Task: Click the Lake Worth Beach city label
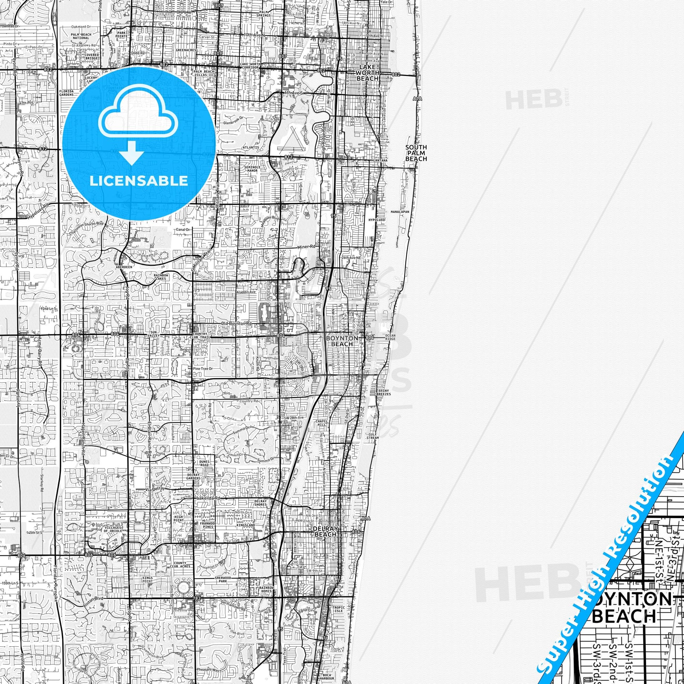pyautogui.click(x=368, y=72)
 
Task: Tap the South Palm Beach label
pyautogui.click(x=416, y=153)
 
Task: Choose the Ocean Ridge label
pyautogui.click(x=390, y=337)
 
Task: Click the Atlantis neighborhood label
pyautogui.click(x=251, y=147)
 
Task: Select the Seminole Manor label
pyautogui.click(x=250, y=169)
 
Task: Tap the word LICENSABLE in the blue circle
pyautogui.click(x=138, y=181)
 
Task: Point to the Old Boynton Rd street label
pyautogui.click(x=236, y=324)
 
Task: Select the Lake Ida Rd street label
pyautogui.click(x=208, y=498)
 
